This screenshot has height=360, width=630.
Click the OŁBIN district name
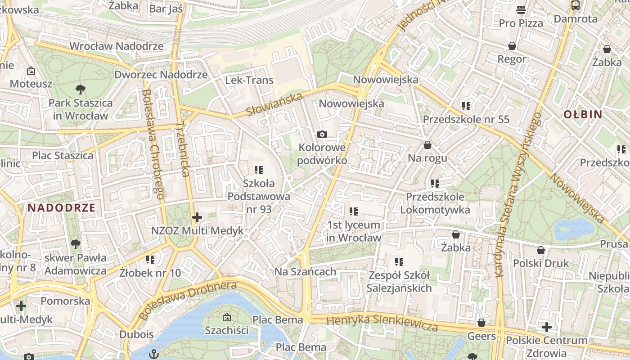click(583, 114)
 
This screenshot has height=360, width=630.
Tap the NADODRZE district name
click(61, 208)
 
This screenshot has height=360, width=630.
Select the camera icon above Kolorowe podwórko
click(322, 134)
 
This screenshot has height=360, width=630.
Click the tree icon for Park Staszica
click(81, 89)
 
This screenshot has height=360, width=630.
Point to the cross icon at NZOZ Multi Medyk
click(197, 218)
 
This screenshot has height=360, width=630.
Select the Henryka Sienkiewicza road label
click(382, 323)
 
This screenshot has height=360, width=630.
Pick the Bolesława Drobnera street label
click(188, 301)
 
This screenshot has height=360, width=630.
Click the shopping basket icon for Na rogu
click(427, 145)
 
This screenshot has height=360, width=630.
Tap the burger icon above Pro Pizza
click(521, 9)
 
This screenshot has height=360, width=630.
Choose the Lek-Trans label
click(249, 81)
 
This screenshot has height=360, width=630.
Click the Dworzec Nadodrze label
click(161, 75)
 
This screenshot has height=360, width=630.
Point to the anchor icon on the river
click(154, 353)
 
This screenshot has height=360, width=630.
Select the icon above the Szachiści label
click(226, 317)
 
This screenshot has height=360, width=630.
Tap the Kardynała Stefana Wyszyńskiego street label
click(517, 193)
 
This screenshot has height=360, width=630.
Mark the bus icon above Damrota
click(575, 5)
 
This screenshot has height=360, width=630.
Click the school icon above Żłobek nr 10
click(150, 260)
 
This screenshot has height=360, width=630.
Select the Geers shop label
click(481, 336)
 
